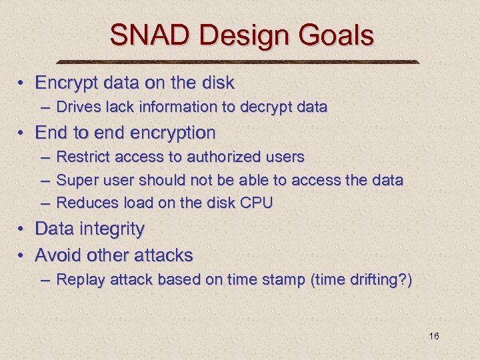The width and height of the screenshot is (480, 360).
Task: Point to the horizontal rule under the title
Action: pyautogui.click(x=240, y=62)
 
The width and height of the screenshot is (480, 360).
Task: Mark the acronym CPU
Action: pyautogui.click(x=256, y=203)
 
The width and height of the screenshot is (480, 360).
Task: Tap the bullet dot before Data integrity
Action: pyautogui.click(x=21, y=229)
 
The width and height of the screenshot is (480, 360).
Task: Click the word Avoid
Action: pyautogui.click(x=55, y=255)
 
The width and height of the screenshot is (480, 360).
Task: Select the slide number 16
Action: pyautogui.click(x=433, y=336)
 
